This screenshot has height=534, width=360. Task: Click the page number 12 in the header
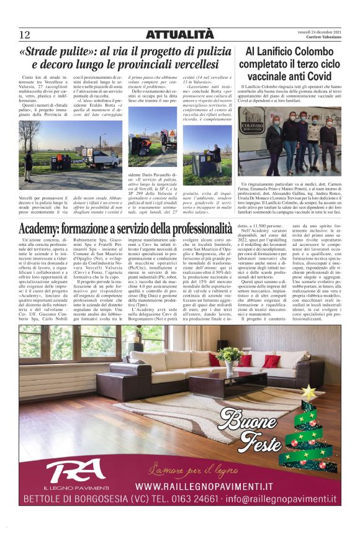pos(24,34)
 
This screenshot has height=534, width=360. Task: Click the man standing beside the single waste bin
pos(217,157)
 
